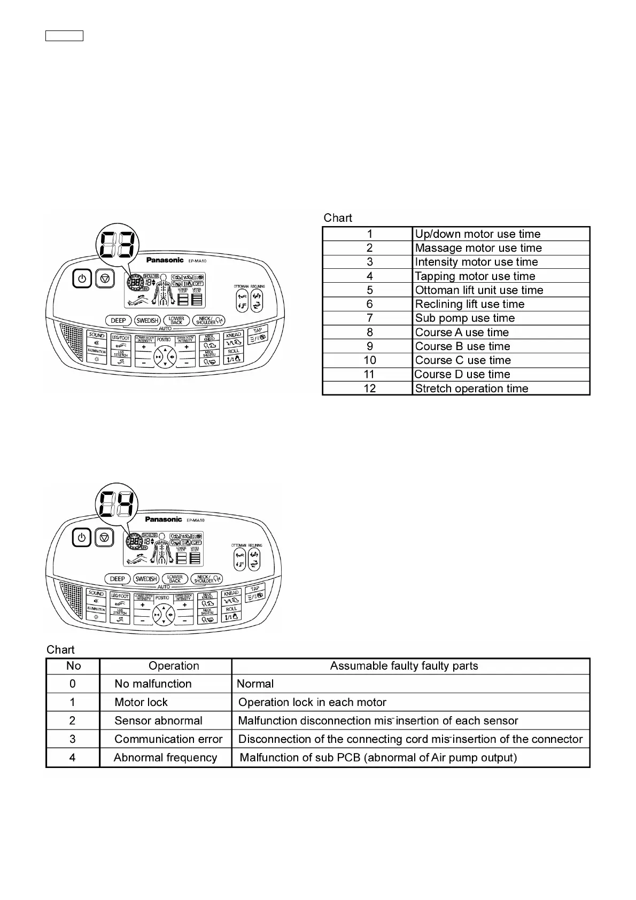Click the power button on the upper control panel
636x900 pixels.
point(82,278)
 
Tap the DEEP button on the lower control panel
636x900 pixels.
point(118,579)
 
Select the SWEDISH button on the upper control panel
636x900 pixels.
point(148,321)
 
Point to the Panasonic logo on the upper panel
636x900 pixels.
point(165,260)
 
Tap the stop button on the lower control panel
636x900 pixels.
point(105,537)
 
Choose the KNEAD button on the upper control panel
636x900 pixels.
point(234,335)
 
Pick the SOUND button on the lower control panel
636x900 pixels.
point(96,593)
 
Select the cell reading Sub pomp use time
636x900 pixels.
point(464,318)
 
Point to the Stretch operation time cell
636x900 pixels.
point(471,389)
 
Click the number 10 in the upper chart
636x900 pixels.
point(369,360)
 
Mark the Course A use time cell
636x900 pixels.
point(462,332)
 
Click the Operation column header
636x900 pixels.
point(174,666)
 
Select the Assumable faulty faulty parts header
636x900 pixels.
point(404,666)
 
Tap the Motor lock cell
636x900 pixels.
point(141,702)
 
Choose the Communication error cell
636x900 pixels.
point(168,739)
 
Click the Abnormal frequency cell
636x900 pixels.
point(165,758)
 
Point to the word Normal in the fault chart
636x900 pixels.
point(255,684)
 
